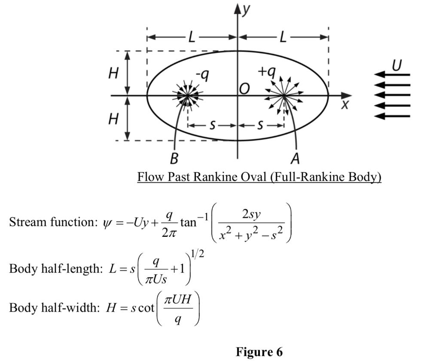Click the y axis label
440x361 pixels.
pyautogui.click(x=245, y=9)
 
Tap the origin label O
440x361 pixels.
pyautogui.click(x=244, y=88)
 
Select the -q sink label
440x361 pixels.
pyautogui.click(x=202, y=75)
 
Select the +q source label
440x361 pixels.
pyautogui.click(x=266, y=71)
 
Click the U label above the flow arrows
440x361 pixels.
pyautogui.click(x=397, y=65)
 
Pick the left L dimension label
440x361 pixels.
pyautogui.click(x=192, y=37)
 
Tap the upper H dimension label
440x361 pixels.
pyautogui.click(x=113, y=73)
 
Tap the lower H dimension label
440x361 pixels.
pyautogui.click(x=113, y=118)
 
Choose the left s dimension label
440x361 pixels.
pyautogui.click(x=212, y=125)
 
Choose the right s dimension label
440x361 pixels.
pyautogui.click(x=261, y=125)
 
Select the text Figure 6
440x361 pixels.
pyautogui.click(x=259, y=352)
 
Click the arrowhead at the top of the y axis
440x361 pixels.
pyautogui.click(x=238, y=7)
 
